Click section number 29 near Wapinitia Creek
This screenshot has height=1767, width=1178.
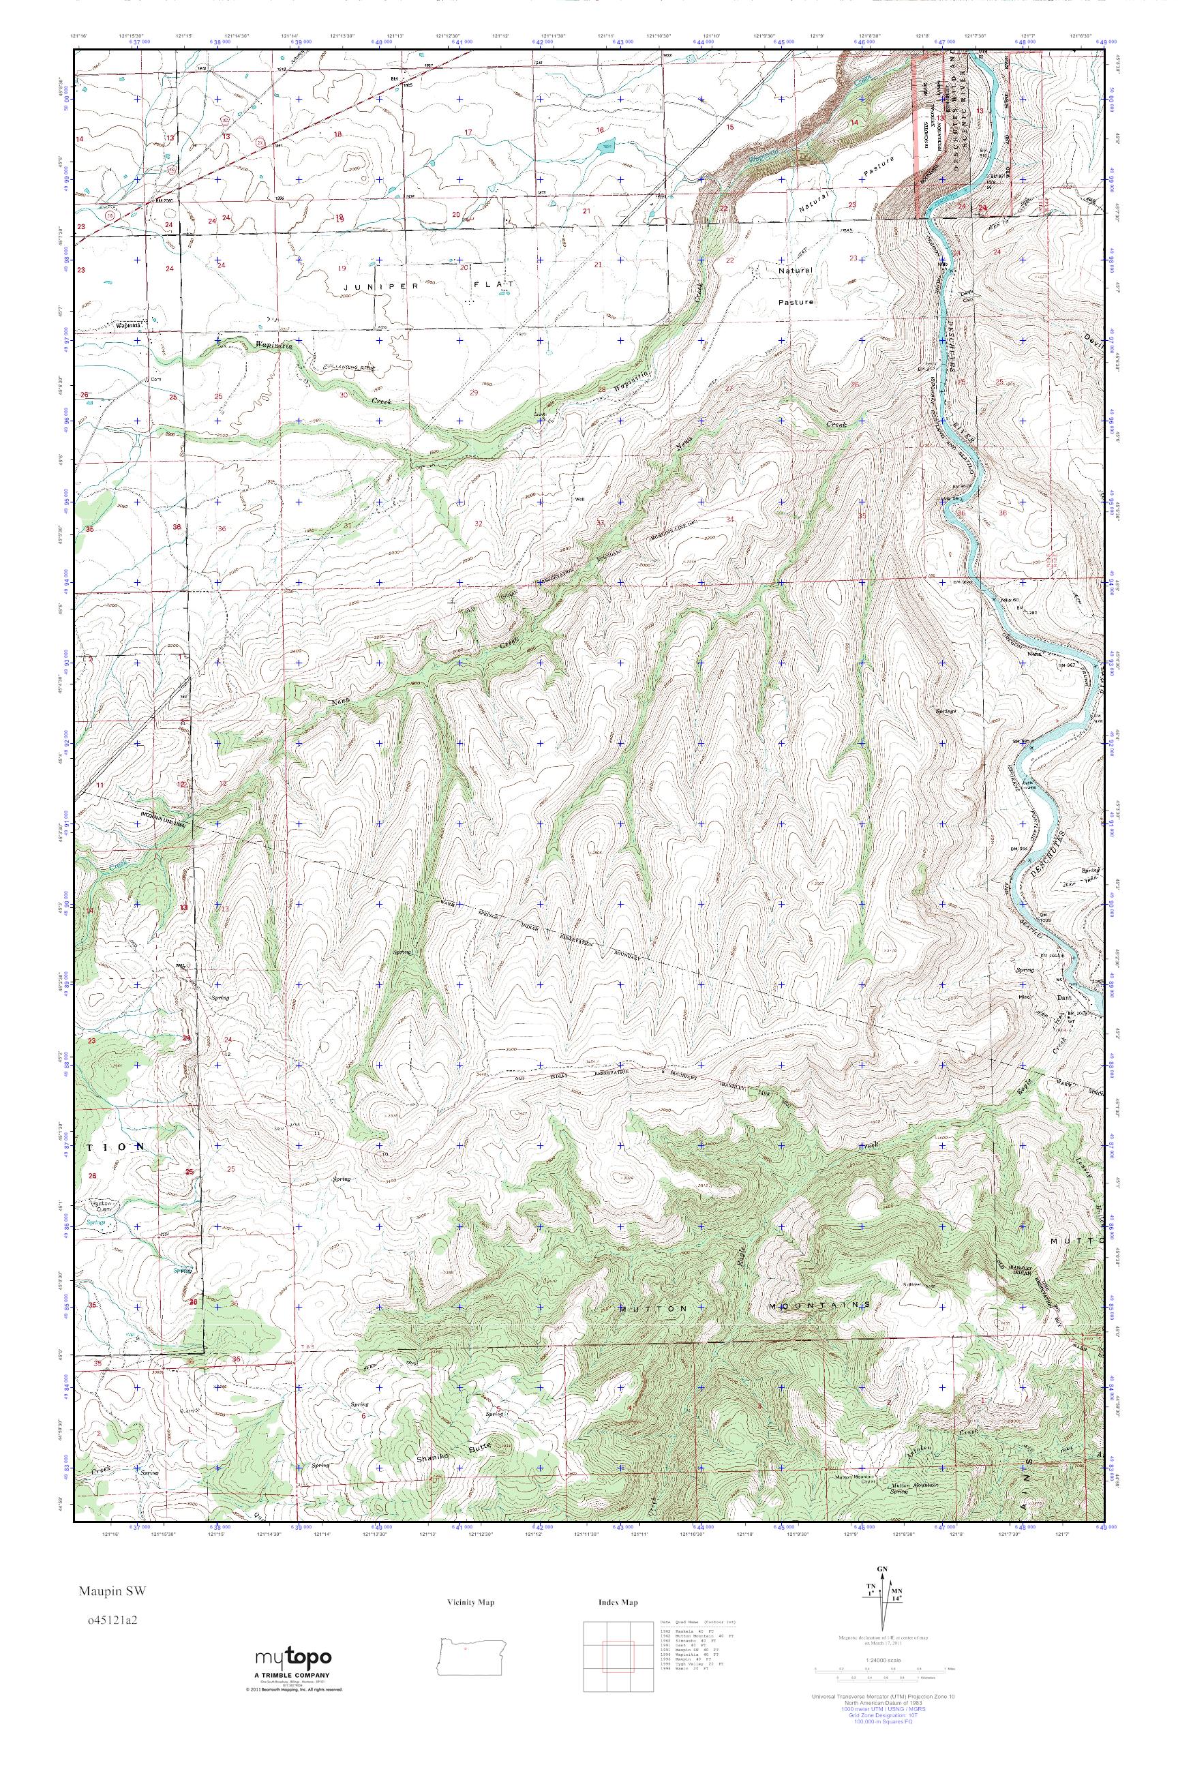(473, 392)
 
